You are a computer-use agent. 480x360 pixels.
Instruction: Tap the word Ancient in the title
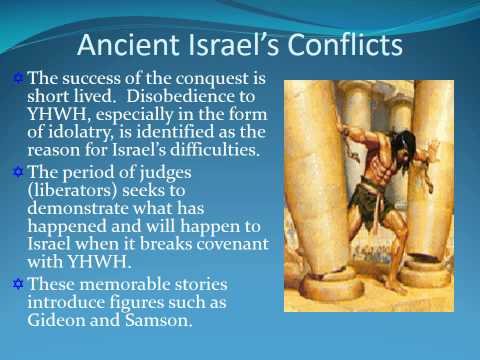pyautogui.click(x=123, y=46)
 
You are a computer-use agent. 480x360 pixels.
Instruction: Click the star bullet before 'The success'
pyautogui.click(x=16, y=77)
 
